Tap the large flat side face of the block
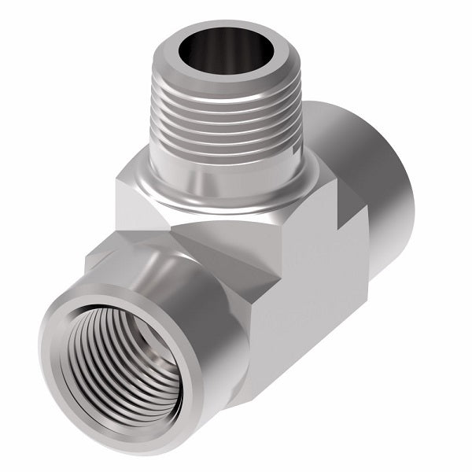pyautogui.click(x=315, y=299)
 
